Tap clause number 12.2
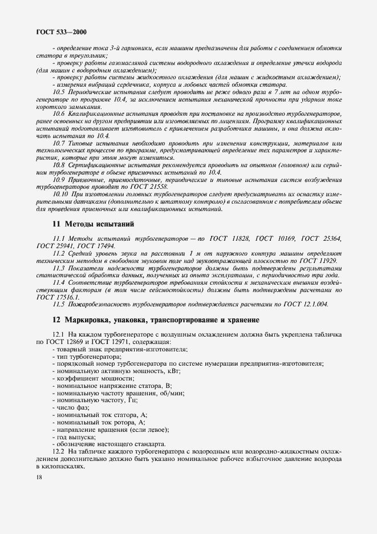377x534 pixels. (59, 451)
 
